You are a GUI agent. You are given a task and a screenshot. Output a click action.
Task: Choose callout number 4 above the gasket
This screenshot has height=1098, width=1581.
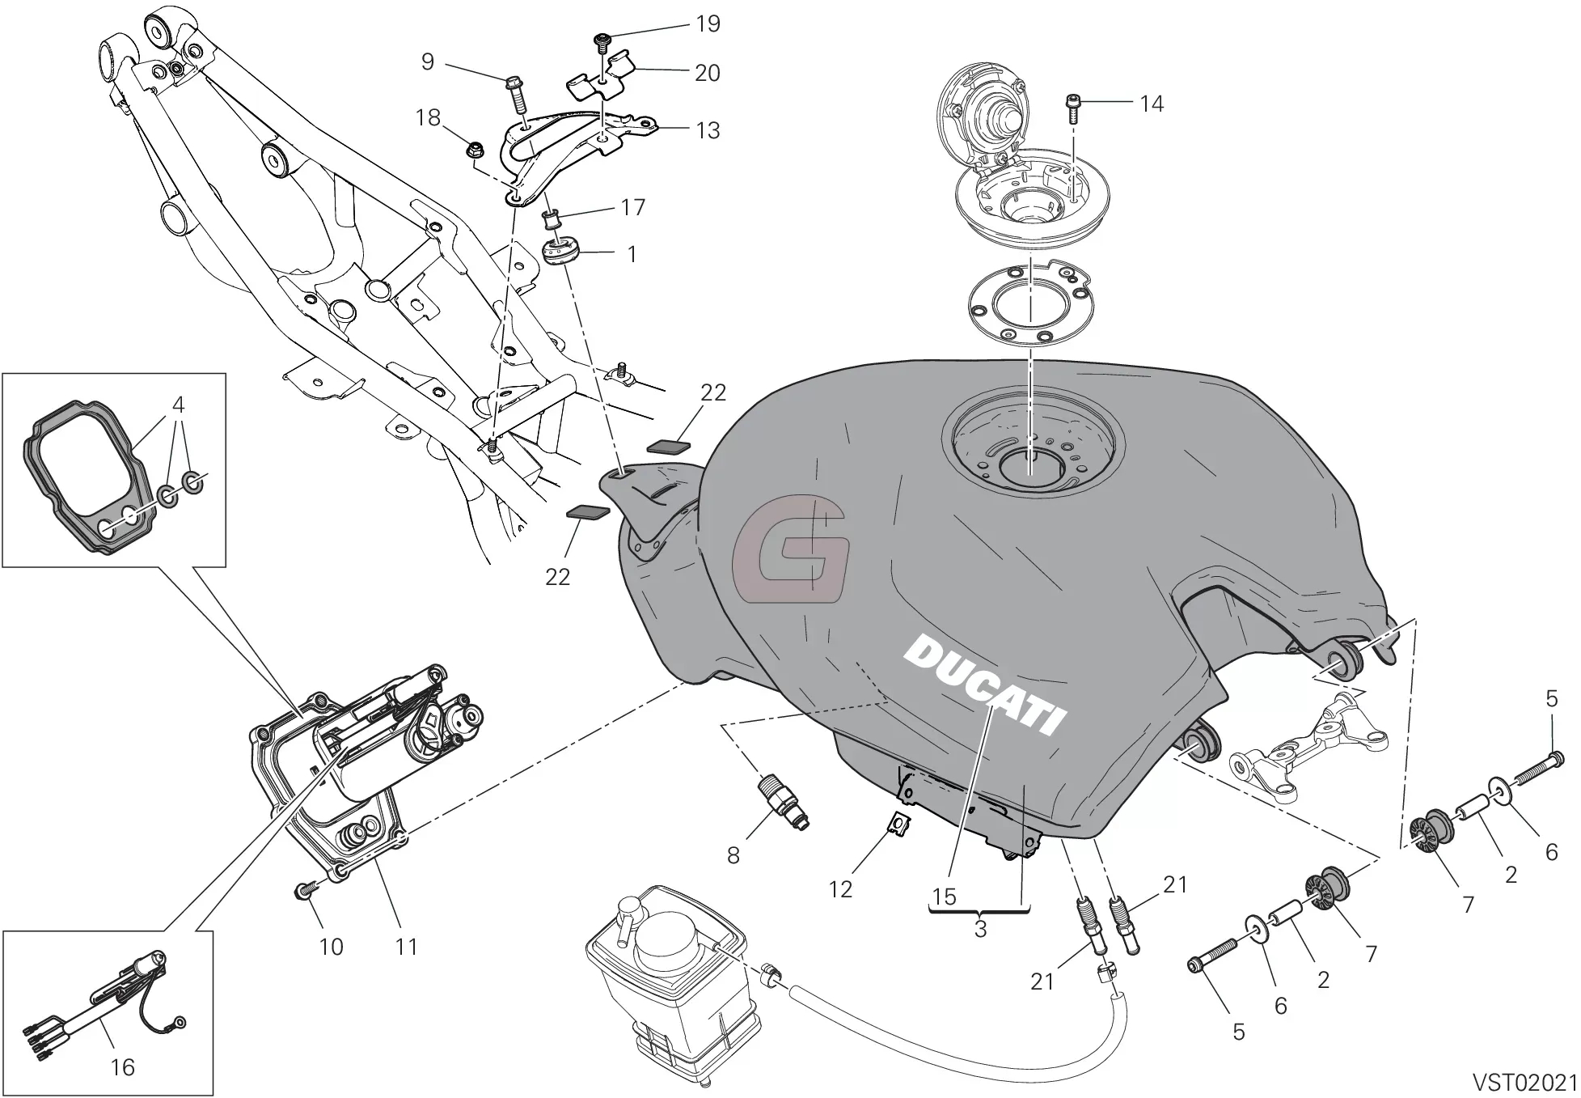point(178,403)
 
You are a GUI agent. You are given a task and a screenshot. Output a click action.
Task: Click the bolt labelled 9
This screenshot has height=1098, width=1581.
point(516,93)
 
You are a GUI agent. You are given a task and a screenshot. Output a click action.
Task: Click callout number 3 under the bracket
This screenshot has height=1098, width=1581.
point(980,929)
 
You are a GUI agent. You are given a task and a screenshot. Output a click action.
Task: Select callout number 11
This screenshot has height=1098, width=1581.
point(406,946)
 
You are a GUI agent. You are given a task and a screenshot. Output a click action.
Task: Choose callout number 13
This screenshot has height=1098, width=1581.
point(708,130)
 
